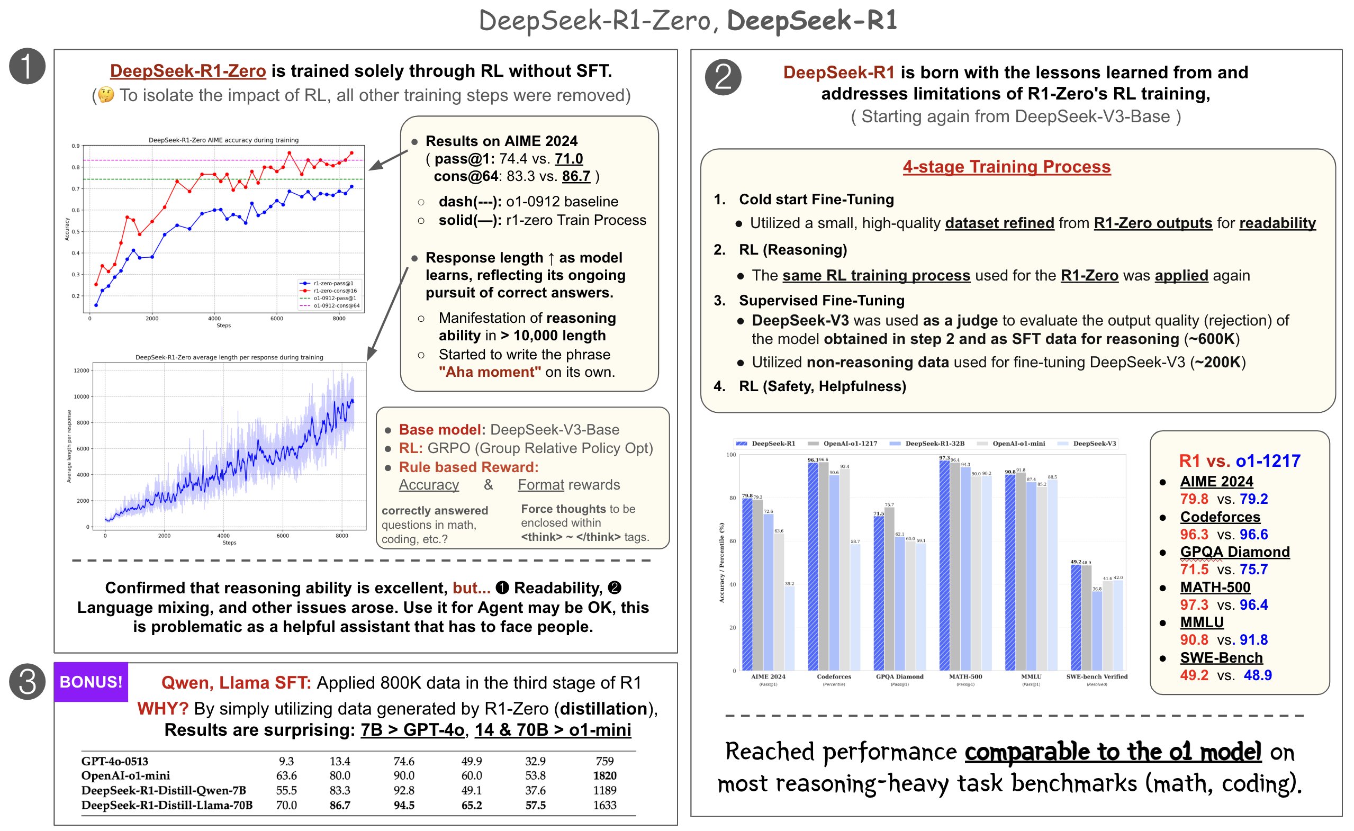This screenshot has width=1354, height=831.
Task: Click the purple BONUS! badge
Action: (91, 682)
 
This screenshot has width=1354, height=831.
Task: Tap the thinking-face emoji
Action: (106, 95)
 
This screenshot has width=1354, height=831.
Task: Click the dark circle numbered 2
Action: (723, 77)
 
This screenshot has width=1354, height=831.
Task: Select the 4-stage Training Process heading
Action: (1006, 167)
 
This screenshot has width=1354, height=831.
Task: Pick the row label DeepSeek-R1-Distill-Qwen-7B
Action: (163, 790)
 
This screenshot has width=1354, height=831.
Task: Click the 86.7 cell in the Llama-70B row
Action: (340, 805)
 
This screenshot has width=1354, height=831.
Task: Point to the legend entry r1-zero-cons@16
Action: (335, 291)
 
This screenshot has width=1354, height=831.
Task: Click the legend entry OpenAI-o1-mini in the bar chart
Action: (1018, 444)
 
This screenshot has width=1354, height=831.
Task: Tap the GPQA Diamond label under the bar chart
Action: (899, 676)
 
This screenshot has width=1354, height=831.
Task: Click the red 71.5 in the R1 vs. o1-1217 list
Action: (1194, 570)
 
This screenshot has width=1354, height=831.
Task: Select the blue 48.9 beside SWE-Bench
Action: (1257, 675)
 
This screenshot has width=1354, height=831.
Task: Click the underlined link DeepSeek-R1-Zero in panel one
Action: (188, 71)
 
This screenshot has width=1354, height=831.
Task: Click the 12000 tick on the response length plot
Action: (82, 371)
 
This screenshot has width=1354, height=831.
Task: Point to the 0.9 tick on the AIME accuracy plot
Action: (75, 146)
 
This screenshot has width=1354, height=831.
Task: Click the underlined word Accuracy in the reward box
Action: (429, 485)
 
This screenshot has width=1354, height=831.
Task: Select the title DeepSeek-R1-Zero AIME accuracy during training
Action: (224, 140)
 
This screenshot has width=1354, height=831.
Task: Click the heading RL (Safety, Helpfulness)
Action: (822, 386)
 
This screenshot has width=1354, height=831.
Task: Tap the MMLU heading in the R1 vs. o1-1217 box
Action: (1201, 622)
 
